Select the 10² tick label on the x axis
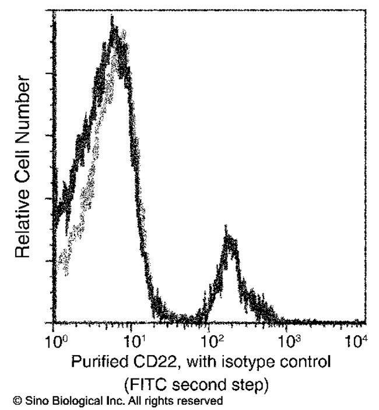(210, 339)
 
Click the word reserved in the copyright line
(202, 401)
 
